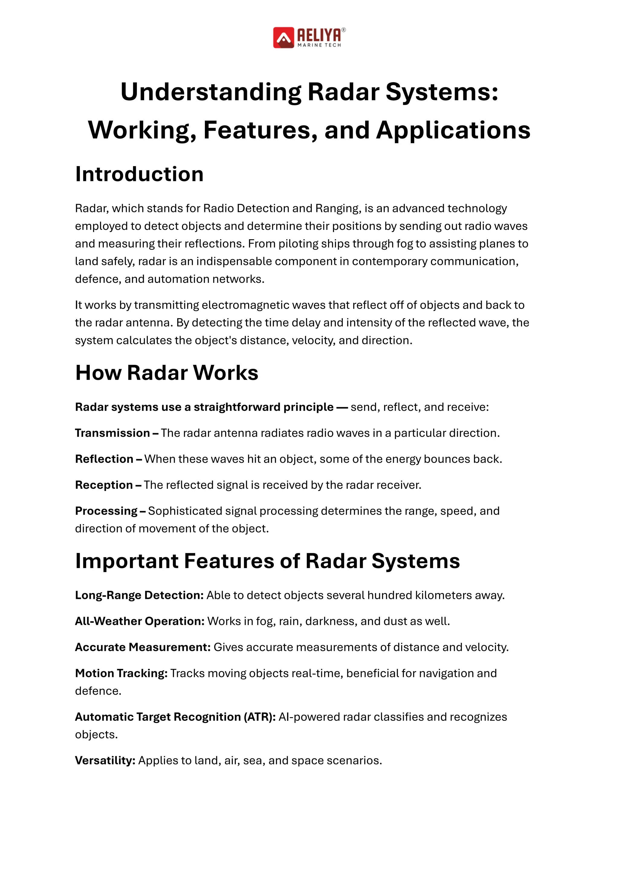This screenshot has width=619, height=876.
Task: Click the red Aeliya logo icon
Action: [283, 38]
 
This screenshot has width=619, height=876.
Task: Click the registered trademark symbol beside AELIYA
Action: [343, 30]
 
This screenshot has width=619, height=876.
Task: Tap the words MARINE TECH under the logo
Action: [319, 45]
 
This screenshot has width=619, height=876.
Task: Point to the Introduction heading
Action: [139, 174]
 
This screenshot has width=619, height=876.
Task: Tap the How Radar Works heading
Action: [167, 373]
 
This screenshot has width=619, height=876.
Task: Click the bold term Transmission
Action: [112, 433]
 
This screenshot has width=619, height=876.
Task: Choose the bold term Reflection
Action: [104, 459]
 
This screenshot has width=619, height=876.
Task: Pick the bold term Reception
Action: [104, 485]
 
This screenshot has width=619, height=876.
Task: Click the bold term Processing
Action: [106, 511]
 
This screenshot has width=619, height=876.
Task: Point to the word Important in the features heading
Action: [127, 561]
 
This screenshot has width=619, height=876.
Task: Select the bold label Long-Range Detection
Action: [139, 595]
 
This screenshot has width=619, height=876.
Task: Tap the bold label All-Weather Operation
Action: [140, 621]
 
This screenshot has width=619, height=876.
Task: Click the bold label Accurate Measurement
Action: [143, 647]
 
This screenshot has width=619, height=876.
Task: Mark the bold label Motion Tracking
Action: [121, 673]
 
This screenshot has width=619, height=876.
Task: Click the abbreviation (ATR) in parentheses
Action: [260, 717]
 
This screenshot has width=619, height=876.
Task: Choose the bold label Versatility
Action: [105, 760]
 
